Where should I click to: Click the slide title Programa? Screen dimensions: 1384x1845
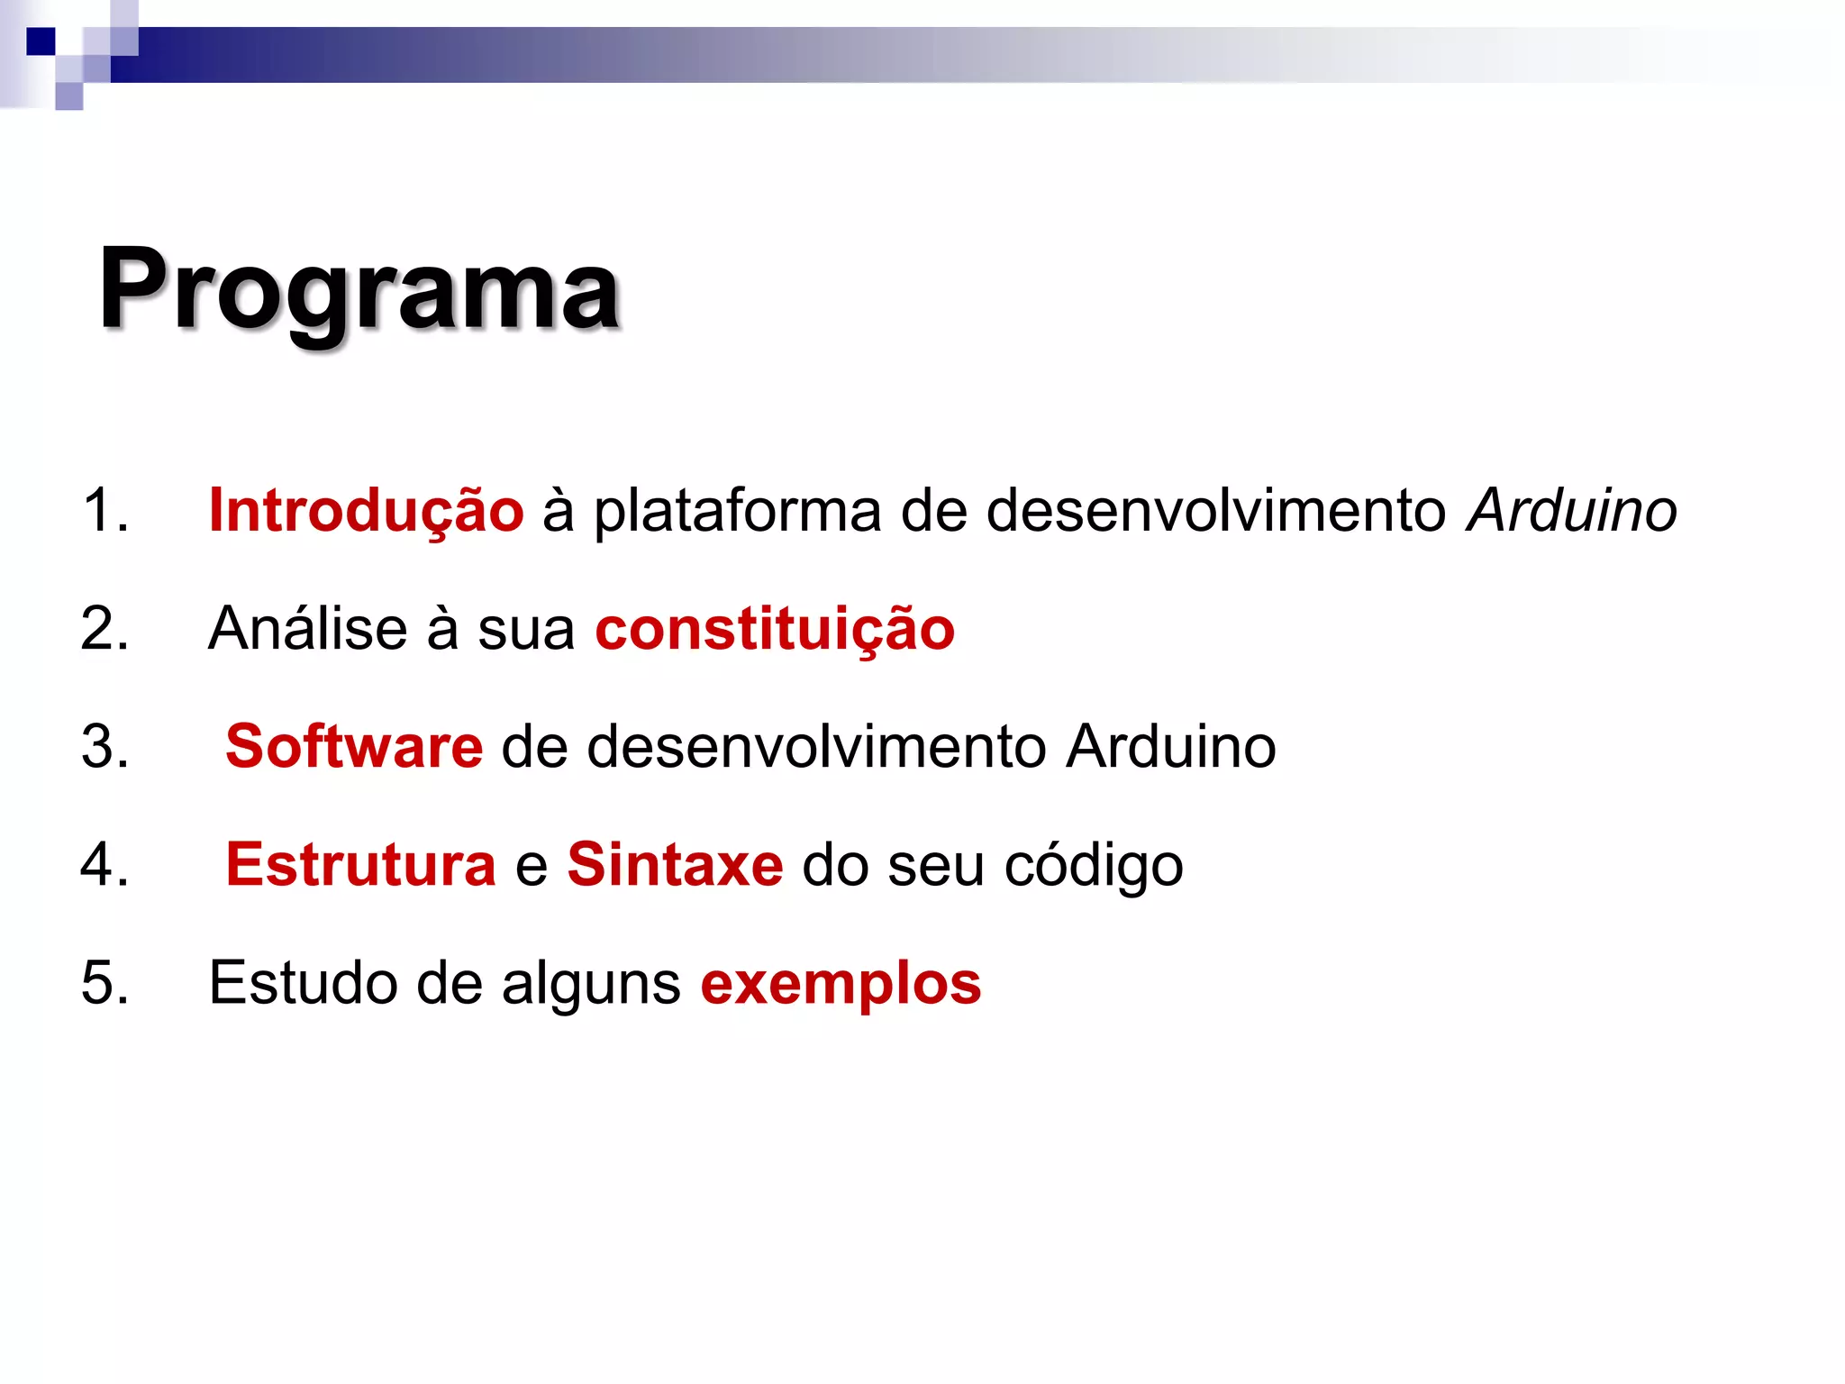tap(359, 290)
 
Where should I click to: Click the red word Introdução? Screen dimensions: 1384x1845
tap(366, 510)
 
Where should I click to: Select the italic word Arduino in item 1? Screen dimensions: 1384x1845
tap(1571, 510)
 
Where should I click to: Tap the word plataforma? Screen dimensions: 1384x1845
tap(737, 512)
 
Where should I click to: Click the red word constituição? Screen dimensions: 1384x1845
tap(775, 629)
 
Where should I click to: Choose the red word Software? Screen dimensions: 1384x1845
tap(354, 746)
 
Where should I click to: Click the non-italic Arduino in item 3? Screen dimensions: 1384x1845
tap(1170, 746)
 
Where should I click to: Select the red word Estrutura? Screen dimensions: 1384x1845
tap(360, 864)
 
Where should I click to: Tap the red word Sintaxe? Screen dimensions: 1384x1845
tap(675, 864)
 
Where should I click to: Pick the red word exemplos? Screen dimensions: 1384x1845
tap(841, 984)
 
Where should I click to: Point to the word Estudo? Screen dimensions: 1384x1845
tap(303, 982)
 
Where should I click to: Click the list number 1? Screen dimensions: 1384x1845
tap(105, 510)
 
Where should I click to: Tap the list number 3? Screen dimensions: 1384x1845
tap(105, 746)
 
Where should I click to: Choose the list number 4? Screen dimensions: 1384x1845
tap(105, 864)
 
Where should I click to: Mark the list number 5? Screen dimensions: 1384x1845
tap(105, 982)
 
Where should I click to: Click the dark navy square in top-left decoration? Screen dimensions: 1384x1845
tap(41, 41)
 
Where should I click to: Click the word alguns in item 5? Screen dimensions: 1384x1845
tap(591, 984)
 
